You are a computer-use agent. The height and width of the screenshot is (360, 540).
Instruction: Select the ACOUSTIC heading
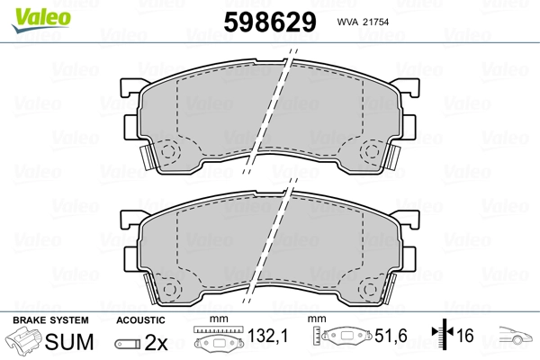coord(139,320)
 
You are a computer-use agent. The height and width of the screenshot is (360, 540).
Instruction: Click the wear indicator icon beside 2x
coord(129,344)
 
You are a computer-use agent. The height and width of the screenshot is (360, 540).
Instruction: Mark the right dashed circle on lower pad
coord(370,289)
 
